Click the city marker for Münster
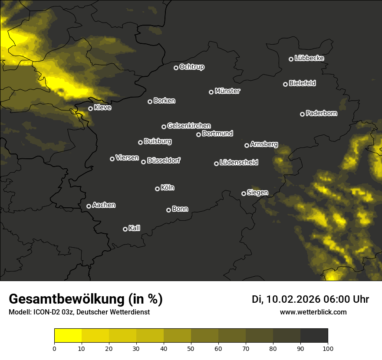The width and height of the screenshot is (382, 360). pyautogui.click(x=211, y=92)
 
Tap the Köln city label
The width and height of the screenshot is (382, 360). pyautogui.click(x=168, y=188)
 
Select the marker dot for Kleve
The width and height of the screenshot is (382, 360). pyautogui.click(x=90, y=109)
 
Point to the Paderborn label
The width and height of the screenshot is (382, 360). pyautogui.click(x=321, y=113)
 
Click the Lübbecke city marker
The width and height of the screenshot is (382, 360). pyautogui.click(x=291, y=59)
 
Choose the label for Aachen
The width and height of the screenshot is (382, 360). pyautogui.click(x=104, y=205)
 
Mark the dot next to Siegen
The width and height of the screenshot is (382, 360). pyautogui.click(x=244, y=193)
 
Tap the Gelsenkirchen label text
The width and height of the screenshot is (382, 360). pyautogui.click(x=189, y=126)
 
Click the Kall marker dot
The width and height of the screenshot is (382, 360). pyautogui.click(x=125, y=229)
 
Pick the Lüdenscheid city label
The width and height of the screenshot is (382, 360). pyautogui.click(x=239, y=163)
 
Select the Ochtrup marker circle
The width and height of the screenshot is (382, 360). pyautogui.click(x=176, y=68)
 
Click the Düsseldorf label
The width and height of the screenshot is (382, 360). pyautogui.click(x=164, y=160)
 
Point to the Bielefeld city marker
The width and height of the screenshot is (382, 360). pyautogui.click(x=285, y=84)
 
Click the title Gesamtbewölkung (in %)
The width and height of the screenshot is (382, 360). pyautogui.click(x=86, y=299)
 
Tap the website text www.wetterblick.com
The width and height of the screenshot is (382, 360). pyautogui.click(x=313, y=312)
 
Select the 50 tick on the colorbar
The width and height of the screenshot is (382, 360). pyautogui.click(x=191, y=348)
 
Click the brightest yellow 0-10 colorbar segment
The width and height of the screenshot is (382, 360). pyautogui.click(x=68, y=335)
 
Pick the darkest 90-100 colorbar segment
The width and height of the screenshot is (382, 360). pyautogui.click(x=314, y=335)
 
